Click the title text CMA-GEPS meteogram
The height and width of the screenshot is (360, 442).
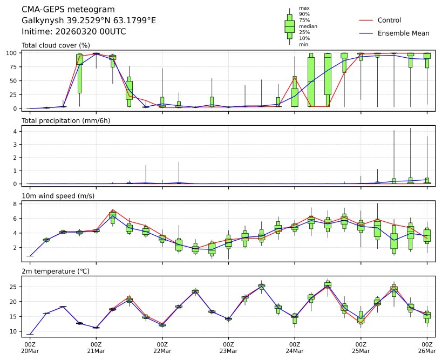(x=68, y=9)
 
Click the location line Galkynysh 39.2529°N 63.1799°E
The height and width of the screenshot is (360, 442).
(x=89, y=21)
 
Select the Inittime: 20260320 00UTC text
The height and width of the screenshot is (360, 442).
(x=74, y=32)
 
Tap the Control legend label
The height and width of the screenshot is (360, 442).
(x=389, y=21)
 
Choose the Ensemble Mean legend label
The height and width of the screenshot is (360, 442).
(x=403, y=33)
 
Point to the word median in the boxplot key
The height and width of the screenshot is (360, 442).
(x=308, y=26)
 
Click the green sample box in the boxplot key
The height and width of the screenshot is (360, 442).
(x=290, y=26)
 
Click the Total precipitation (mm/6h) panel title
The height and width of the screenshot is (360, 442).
(x=66, y=120)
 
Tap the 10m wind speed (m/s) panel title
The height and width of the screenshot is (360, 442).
(x=58, y=196)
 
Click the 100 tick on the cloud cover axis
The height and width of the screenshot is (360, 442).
(x=13, y=53)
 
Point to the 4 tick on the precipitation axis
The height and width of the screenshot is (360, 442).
(x=16, y=131)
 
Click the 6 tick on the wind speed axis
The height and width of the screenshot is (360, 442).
(x=16, y=219)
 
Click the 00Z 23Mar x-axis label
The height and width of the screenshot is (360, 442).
(x=228, y=347)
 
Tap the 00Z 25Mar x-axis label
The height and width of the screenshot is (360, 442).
(x=361, y=347)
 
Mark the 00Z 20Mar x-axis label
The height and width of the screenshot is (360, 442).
(x=29, y=347)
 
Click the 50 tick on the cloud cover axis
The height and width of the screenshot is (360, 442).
(x=15, y=81)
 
